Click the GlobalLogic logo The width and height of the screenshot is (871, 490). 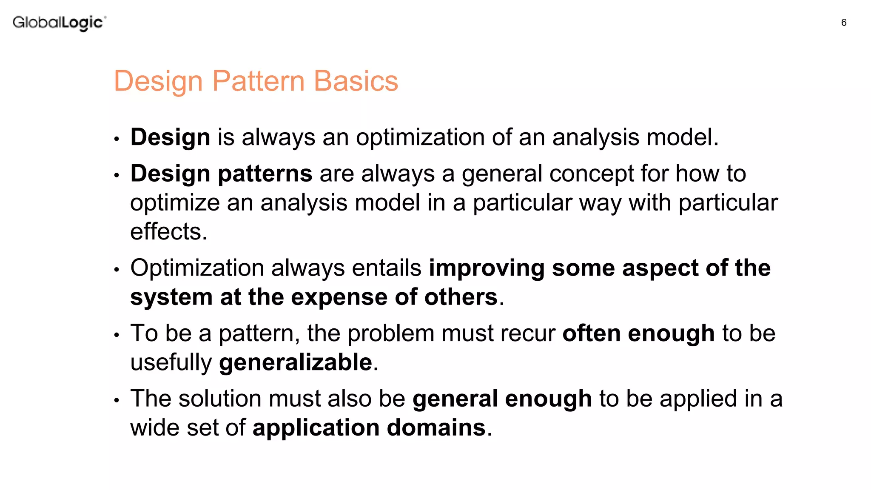point(59,23)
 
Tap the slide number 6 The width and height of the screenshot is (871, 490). point(844,23)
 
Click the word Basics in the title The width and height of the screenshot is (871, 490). point(356,81)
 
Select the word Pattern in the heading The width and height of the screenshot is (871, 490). point(258,81)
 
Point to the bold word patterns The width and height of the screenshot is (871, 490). point(265,174)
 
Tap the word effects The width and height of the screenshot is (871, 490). point(168,232)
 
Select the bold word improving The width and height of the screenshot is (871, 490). point(487,268)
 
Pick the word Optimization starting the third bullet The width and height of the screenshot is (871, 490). point(197,268)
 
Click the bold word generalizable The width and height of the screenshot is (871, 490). point(296,363)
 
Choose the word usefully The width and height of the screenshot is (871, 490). point(171,363)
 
